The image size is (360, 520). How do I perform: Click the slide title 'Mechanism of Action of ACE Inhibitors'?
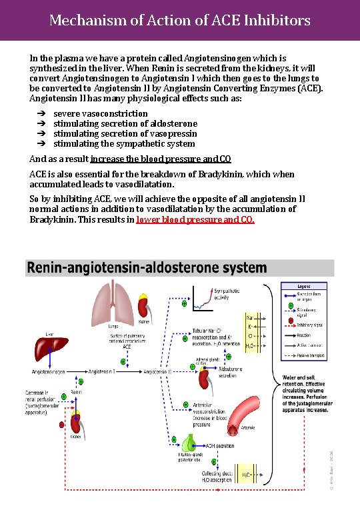click(x=180, y=21)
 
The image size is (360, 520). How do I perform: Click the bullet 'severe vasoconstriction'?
click(x=100, y=114)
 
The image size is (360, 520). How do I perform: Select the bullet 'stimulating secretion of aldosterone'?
click(x=125, y=124)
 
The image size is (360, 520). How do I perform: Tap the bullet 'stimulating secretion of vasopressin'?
click(x=124, y=134)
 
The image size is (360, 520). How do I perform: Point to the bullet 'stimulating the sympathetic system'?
click(x=123, y=144)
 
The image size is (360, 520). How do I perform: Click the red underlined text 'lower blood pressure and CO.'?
click(x=195, y=219)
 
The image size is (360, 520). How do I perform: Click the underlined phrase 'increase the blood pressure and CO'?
click(x=161, y=159)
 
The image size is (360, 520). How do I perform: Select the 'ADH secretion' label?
click(x=220, y=446)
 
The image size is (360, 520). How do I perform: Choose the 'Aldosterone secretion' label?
click(x=231, y=372)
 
